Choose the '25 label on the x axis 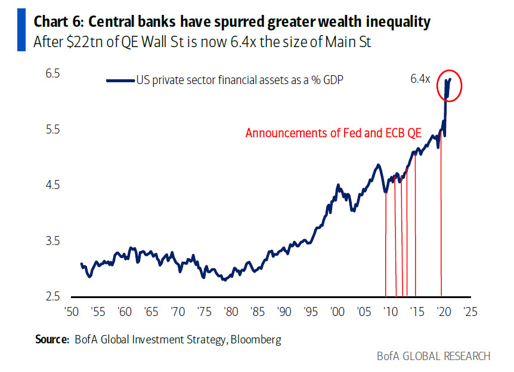pyautogui.click(x=469, y=311)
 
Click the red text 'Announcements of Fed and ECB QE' pyautogui.click(x=333, y=133)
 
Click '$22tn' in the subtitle pyautogui.click(x=83, y=42)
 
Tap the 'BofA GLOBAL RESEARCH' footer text pyautogui.click(x=434, y=356)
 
